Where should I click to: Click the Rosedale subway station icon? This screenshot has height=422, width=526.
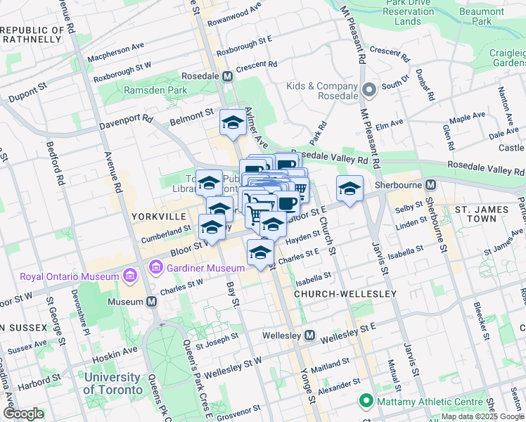pos(228,76)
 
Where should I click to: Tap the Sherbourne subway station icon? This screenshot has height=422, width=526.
pos(432,185)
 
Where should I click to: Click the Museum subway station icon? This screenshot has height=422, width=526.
pos(152,301)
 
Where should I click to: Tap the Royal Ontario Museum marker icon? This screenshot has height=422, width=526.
pos(129,276)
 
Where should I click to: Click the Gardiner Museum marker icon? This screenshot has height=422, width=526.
pos(155,267)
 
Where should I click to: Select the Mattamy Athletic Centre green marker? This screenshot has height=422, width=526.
pos(365,402)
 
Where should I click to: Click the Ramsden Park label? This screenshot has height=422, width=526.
pos(155,90)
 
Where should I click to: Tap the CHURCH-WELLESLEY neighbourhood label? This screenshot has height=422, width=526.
pos(345,293)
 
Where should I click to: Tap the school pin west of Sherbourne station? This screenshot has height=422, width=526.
pos(349,188)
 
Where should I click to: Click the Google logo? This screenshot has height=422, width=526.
pos(23,414)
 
